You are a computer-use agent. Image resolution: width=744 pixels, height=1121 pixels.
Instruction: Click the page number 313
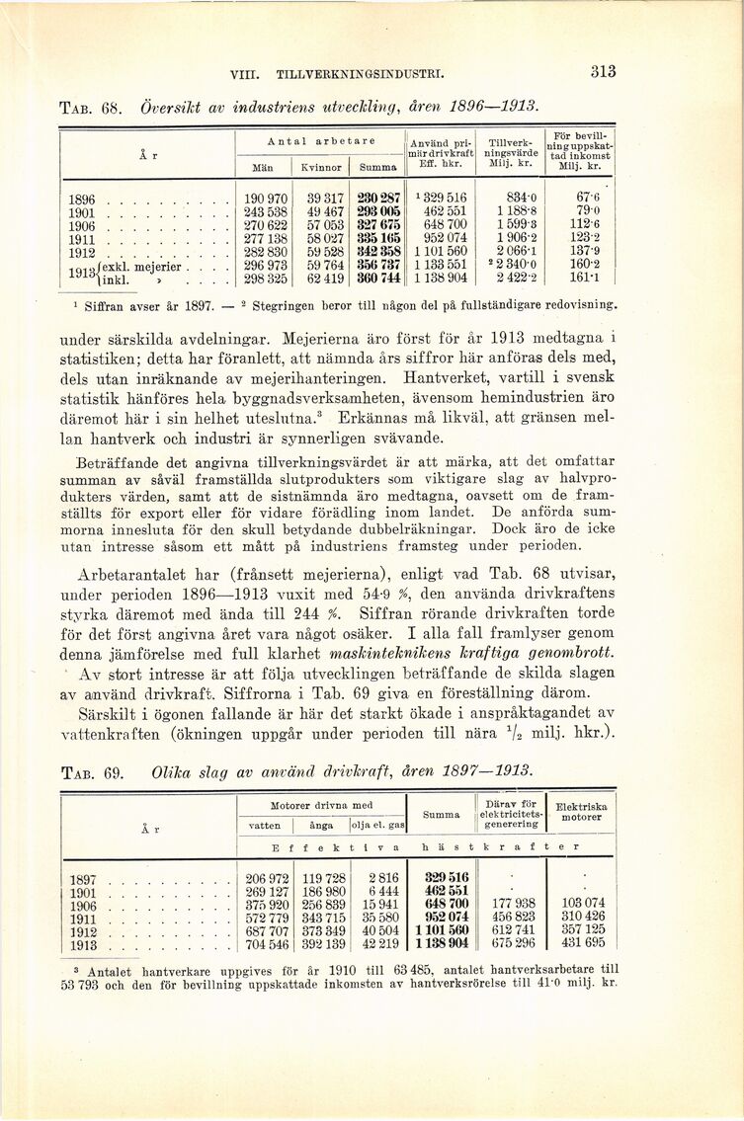(x=603, y=71)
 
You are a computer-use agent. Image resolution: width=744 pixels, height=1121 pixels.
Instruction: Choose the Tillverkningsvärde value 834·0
(x=518, y=199)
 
